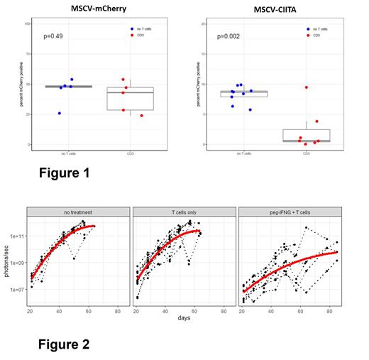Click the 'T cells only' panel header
point(184,212)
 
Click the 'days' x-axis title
point(184,318)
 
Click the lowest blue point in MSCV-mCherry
point(59,113)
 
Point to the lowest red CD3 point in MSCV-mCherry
point(141,115)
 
